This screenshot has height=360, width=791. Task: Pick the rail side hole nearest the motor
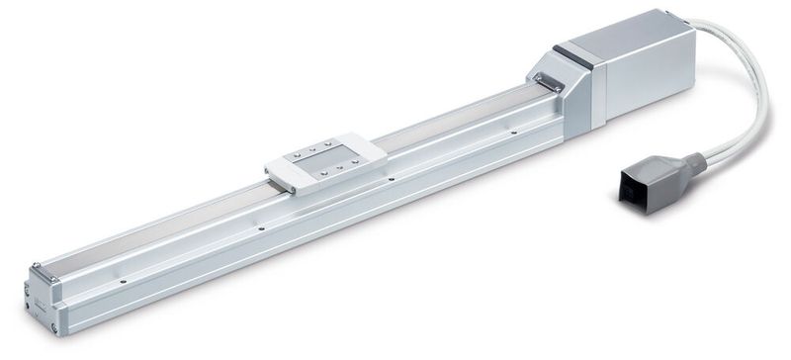tap(513, 132)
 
